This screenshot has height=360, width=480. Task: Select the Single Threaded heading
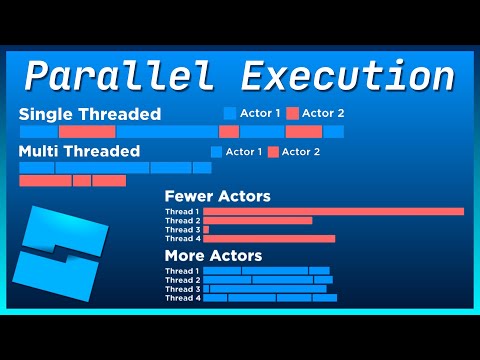[89, 114]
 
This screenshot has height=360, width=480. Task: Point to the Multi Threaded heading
[79, 151]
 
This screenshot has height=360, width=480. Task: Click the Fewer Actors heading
[217, 197]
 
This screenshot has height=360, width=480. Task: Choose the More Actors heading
[213, 256]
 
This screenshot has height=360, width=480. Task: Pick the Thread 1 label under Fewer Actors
[182, 212]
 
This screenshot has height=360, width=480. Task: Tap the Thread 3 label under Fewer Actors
[182, 230]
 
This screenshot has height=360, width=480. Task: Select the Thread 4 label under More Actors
[182, 298]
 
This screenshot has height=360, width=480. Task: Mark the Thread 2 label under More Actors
[182, 280]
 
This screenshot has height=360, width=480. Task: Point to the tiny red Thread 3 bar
[206, 230]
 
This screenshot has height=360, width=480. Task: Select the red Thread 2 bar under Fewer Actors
[258, 221]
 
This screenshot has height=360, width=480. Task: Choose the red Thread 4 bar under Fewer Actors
[269, 239]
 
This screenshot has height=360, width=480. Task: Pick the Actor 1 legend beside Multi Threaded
[236, 152]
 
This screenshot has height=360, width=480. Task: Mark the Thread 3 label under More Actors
[182, 289]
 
